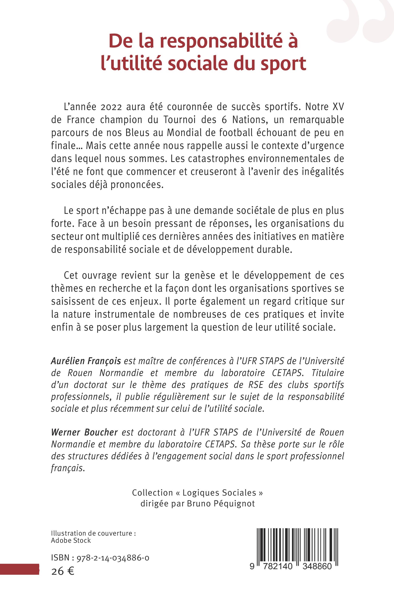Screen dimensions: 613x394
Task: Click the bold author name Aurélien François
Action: tap(86, 361)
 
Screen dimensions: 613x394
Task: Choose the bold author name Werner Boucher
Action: tap(84, 433)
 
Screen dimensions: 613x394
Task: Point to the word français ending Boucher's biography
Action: tap(67, 469)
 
